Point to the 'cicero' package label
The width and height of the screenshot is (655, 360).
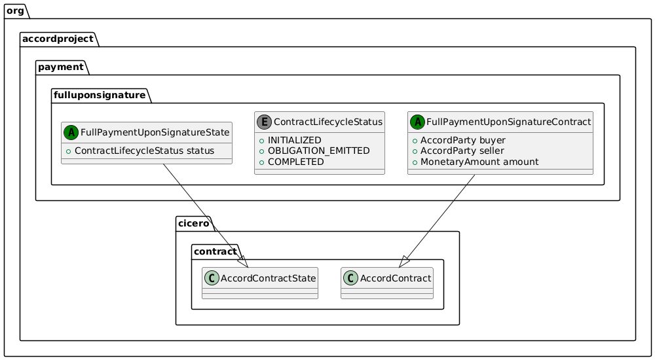tap(194, 225)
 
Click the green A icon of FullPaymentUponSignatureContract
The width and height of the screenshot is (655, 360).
tap(418, 122)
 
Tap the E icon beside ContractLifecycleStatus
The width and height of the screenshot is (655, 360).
tap(265, 122)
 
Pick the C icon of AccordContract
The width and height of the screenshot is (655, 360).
tap(351, 278)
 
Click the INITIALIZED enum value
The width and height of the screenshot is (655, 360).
tap(294, 141)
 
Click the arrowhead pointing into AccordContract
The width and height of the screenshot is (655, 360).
tap(403, 262)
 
